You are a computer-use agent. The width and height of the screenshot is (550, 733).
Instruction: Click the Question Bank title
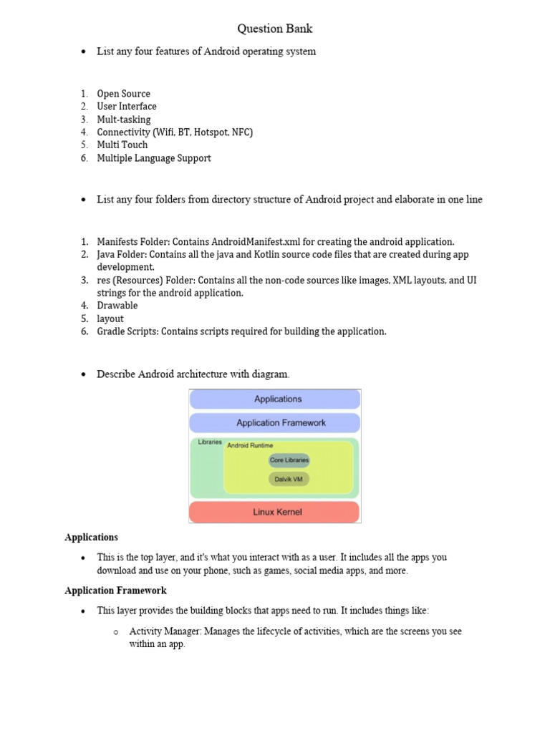(275, 29)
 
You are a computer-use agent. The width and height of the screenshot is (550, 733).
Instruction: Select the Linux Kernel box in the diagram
(275, 512)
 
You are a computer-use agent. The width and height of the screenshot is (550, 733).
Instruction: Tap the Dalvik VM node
(289, 479)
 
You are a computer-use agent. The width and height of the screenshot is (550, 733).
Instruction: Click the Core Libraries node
(289, 460)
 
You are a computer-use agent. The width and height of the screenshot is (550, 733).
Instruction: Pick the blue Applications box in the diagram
(275, 399)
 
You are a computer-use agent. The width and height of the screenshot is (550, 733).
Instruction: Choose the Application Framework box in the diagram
(275, 422)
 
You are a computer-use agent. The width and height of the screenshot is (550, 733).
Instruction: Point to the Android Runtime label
(249, 445)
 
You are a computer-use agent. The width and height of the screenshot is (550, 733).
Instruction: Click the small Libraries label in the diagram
(210, 442)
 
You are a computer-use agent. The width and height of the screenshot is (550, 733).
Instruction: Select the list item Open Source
(123, 94)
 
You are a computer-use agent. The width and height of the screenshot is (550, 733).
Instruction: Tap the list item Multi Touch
(122, 145)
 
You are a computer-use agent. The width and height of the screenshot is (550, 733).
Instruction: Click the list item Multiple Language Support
(154, 158)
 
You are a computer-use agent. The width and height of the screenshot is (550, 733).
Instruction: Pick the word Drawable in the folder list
(117, 306)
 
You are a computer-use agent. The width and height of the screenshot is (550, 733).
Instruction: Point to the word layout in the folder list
(110, 319)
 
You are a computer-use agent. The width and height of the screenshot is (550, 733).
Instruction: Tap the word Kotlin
(241, 254)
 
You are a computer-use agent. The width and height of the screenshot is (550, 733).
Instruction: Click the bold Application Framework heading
(115, 591)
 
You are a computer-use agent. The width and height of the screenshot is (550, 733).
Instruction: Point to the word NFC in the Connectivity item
(239, 132)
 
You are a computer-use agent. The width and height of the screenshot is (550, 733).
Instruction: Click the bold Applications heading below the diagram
(91, 537)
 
